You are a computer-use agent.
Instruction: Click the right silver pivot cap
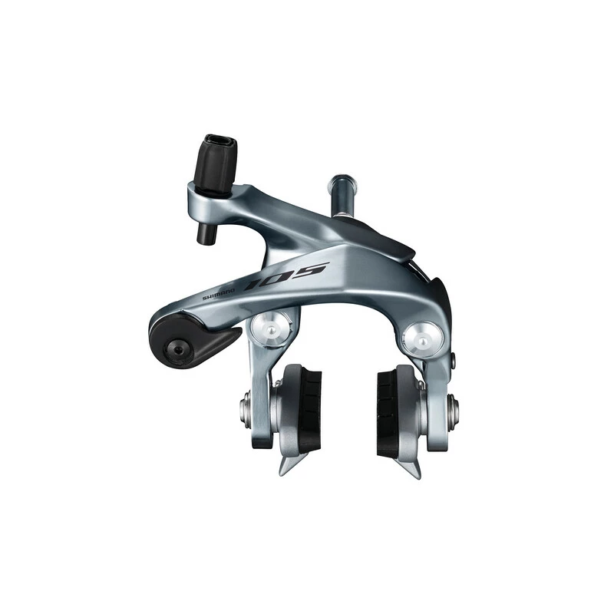point(423,336)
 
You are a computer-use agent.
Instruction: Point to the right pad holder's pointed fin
point(408,465)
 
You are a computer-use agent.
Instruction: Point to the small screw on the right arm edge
point(454,360)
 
